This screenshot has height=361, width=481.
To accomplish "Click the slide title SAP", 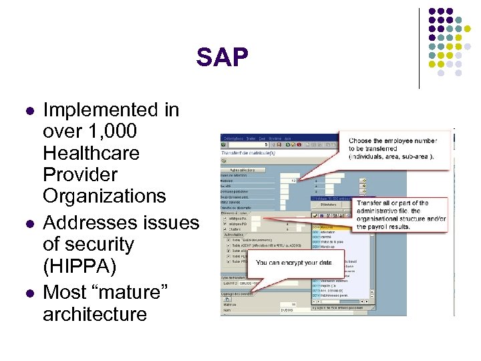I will coord(222,58).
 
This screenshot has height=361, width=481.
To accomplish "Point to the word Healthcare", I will coord(91,153).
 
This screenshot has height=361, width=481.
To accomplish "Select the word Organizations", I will coord(104,197).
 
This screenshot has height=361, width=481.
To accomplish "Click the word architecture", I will coord(94,314).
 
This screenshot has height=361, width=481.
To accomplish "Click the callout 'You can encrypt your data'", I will coord(295,263).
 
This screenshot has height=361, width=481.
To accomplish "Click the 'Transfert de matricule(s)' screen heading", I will coord(251,153).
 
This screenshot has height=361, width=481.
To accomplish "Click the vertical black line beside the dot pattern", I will coord(419,48).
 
